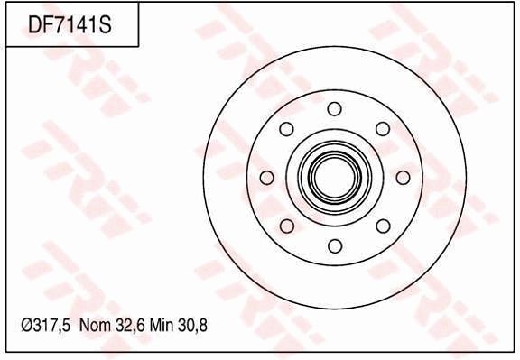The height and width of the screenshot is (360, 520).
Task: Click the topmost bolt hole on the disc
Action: pyautogui.click(x=334, y=109)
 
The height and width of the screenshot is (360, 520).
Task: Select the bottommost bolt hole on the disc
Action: pyautogui.click(x=334, y=245)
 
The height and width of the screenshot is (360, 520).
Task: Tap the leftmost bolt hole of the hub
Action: pyautogui.click(x=266, y=178)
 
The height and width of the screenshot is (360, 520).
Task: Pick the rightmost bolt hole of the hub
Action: pyautogui.click(x=403, y=178)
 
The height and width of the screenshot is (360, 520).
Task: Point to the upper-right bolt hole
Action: pyautogui.click(x=382, y=129)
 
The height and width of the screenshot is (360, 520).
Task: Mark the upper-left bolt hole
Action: pyautogui.click(x=286, y=129)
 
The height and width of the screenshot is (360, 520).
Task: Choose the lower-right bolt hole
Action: pyautogui.click(x=382, y=226)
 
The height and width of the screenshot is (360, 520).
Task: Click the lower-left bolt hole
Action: pyautogui.click(x=286, y=226)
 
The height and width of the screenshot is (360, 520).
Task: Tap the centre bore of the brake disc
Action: pyautogui.click(x=334, y=178)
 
